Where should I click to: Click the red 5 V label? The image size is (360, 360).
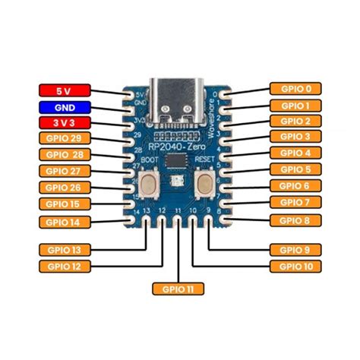64,90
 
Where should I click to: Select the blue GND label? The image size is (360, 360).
64,106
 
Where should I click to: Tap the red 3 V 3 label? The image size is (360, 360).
64,122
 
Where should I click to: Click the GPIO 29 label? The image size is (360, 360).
64,138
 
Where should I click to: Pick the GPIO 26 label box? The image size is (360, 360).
64,188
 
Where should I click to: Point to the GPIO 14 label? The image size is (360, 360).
64,221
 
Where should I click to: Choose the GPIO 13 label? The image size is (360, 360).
64,249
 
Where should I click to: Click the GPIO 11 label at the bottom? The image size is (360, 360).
178,289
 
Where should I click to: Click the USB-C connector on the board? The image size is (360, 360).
178,99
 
